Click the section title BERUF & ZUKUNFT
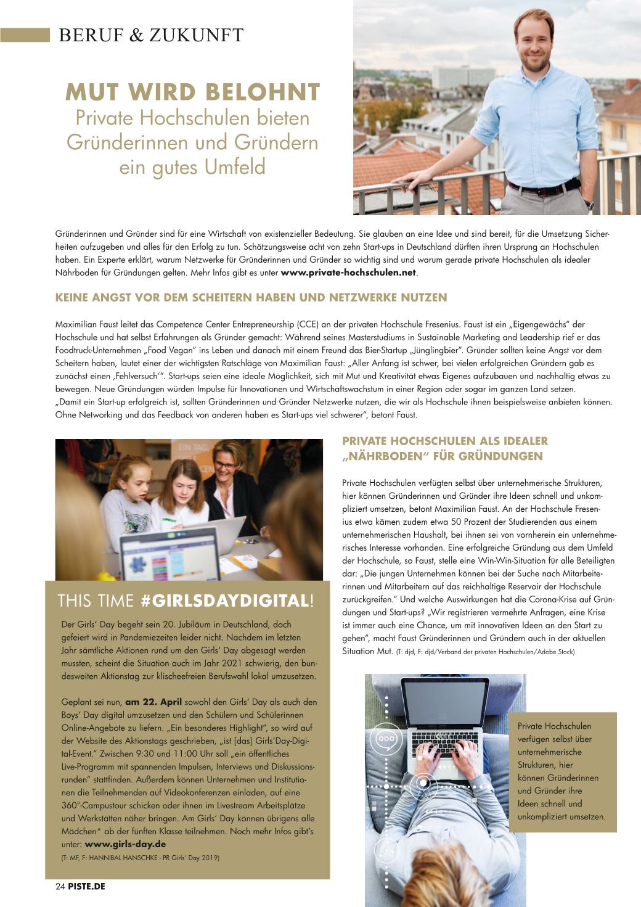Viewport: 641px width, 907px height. pos(151,35)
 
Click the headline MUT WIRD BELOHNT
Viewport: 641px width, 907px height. pos(192,92)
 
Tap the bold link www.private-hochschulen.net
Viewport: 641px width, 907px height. pos(349,273)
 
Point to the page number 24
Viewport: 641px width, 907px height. pos(60,886)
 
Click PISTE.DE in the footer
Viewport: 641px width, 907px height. pos(86,886)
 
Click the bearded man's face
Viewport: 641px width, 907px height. pos(533,42)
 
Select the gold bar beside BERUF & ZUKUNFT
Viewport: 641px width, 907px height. pos(25,35)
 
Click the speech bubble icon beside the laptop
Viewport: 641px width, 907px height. pos(387,738)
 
